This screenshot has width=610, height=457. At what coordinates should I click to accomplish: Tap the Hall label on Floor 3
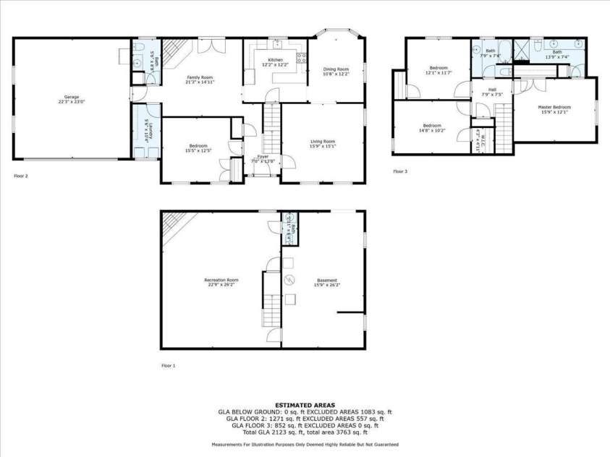click(x=483, y=91)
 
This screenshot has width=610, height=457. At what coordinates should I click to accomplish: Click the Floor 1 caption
click(x=168, y=366)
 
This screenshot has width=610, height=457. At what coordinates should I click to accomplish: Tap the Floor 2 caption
click(x=21, y=175)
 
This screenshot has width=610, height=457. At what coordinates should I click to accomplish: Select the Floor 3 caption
click(x=400, y=171)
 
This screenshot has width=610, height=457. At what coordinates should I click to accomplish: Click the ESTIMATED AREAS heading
click(x=304, y=404)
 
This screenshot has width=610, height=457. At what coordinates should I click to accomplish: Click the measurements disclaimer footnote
click(x=305, y=444)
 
